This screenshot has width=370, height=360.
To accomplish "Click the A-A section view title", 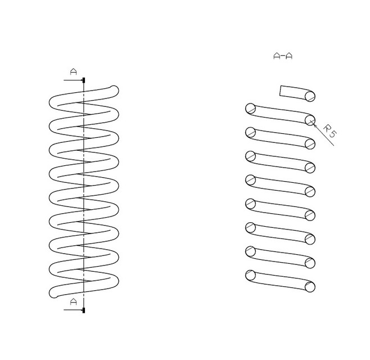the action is click(x=283, y=56).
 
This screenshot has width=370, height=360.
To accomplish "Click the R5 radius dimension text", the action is click(x=330, y=131).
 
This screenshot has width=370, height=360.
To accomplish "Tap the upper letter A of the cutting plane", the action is click(x=74, y=71).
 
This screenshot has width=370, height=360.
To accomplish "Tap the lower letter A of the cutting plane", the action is click(x=74, y=301).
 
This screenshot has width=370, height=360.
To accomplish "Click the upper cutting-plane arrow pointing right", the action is click(x=73, y=80).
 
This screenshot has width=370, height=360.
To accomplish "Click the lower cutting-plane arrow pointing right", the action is click(x=73, y=310).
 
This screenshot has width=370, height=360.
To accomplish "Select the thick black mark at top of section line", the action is click(x=84, y=80).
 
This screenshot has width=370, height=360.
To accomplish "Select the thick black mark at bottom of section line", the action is click(x=84, y=310).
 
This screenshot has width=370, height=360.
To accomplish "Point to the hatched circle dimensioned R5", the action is click(x=310, y=120).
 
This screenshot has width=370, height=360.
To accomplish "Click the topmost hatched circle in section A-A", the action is click(x=310, y=96).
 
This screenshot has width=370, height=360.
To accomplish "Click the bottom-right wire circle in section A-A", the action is click(x=310, y=287).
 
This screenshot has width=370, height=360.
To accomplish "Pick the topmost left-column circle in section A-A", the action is click(x=250, y=109).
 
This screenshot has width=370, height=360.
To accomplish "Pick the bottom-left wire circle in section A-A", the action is click(x=250, y=275).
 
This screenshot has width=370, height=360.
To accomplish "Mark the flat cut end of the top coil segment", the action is click(x=281, y=91).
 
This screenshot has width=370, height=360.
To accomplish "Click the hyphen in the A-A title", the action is click(x=283, y=56).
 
